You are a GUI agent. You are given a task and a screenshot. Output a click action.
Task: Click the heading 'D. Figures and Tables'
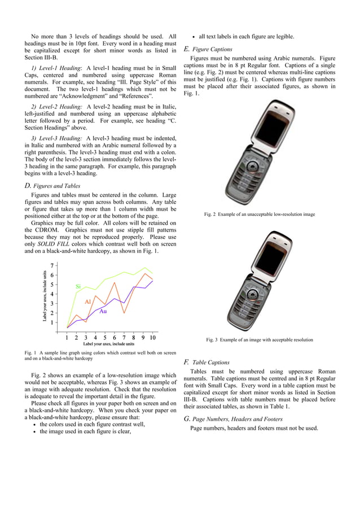[x=52, y=186]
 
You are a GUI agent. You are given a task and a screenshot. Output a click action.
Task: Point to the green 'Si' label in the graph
[x=78, y=287]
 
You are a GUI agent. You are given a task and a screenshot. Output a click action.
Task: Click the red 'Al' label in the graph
[x=87, y=302]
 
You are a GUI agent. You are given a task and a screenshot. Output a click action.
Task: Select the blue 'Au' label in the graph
[x=103, y=311]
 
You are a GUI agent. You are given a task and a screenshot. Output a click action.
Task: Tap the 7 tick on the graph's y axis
[x=52, y=265]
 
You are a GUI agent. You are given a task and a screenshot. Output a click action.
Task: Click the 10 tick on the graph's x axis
[x=152, y=338]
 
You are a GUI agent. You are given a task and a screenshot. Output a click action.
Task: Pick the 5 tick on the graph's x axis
[x=104, y=338]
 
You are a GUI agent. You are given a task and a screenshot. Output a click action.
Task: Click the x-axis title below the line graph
[x=109, y=343]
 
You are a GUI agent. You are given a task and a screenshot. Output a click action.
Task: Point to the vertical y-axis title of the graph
[x=45, y=297]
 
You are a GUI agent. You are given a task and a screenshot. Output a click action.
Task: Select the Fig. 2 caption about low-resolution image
[x=259, y=215]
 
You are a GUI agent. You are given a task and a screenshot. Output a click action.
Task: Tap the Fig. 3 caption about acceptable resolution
[x=259, y=340]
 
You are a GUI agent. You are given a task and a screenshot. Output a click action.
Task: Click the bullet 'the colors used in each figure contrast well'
[x=92, y=424]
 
